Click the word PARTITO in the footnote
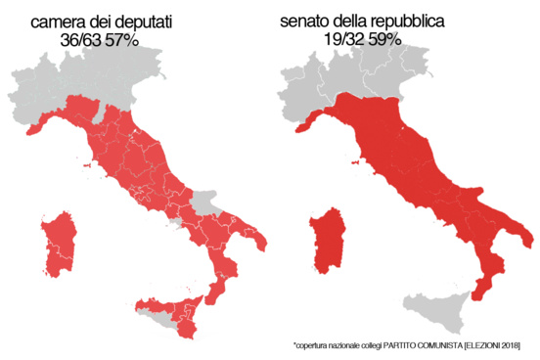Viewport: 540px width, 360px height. pos(401,345)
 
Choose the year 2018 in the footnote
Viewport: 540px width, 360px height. pos(509,345)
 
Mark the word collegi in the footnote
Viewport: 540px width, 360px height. pos(369,345)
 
